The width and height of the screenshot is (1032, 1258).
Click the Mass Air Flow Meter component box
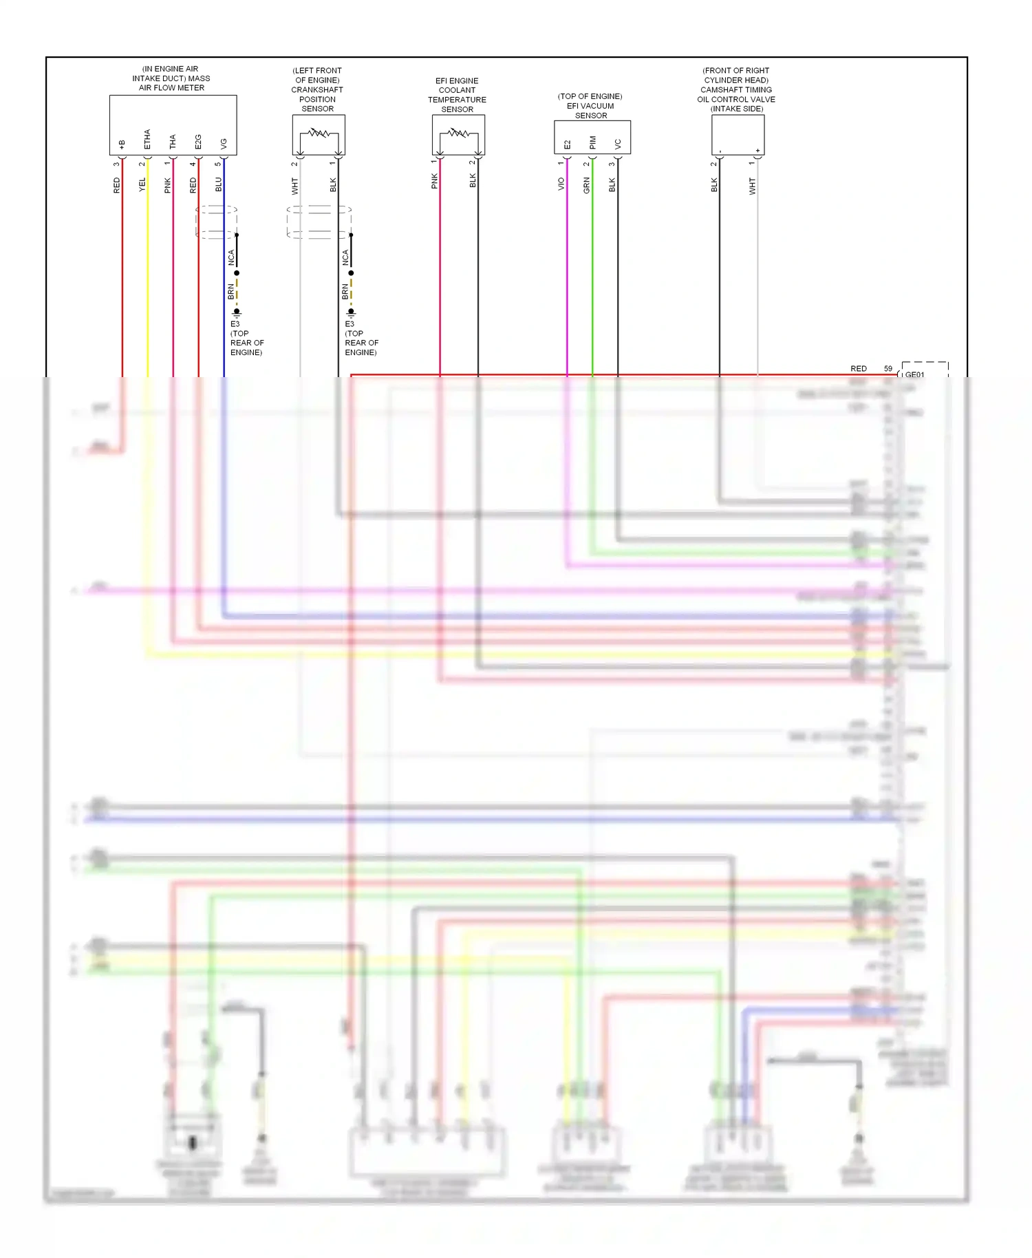173,124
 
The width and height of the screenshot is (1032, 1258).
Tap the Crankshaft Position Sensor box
319,134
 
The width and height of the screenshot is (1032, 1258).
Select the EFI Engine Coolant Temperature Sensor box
458,134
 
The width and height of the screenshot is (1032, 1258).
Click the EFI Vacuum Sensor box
592,136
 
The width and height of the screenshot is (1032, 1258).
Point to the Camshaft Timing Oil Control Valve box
738,134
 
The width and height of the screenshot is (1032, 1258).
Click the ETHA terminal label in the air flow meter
147,139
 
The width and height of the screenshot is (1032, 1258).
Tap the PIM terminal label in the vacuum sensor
592,143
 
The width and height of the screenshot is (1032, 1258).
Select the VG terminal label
224,143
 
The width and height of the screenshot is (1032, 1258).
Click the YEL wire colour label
142,184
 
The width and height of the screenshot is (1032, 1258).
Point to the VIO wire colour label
561,184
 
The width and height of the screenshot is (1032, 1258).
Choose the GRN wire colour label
587,184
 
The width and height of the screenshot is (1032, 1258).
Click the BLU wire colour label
219,184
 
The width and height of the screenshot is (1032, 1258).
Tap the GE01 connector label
915,374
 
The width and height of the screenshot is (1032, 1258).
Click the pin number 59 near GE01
888,369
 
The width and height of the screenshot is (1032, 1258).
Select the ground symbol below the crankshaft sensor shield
351,312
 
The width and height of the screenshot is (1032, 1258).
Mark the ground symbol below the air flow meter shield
237,312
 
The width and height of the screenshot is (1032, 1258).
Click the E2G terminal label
198,142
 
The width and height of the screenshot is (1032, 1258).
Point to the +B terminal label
122,144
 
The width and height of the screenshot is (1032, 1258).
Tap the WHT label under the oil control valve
753,186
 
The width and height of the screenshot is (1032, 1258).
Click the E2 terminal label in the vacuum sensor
567,145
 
